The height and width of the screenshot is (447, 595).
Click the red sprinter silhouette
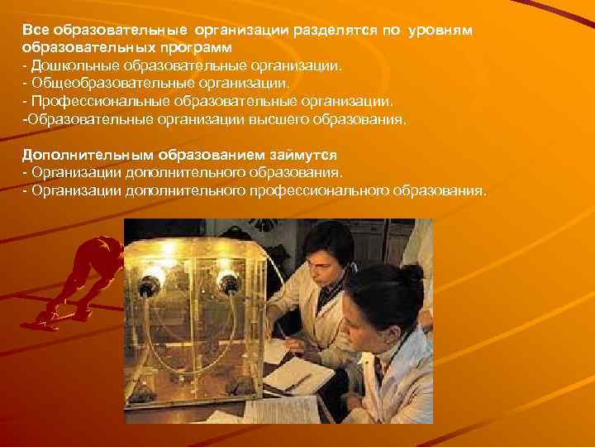coord(83,281)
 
